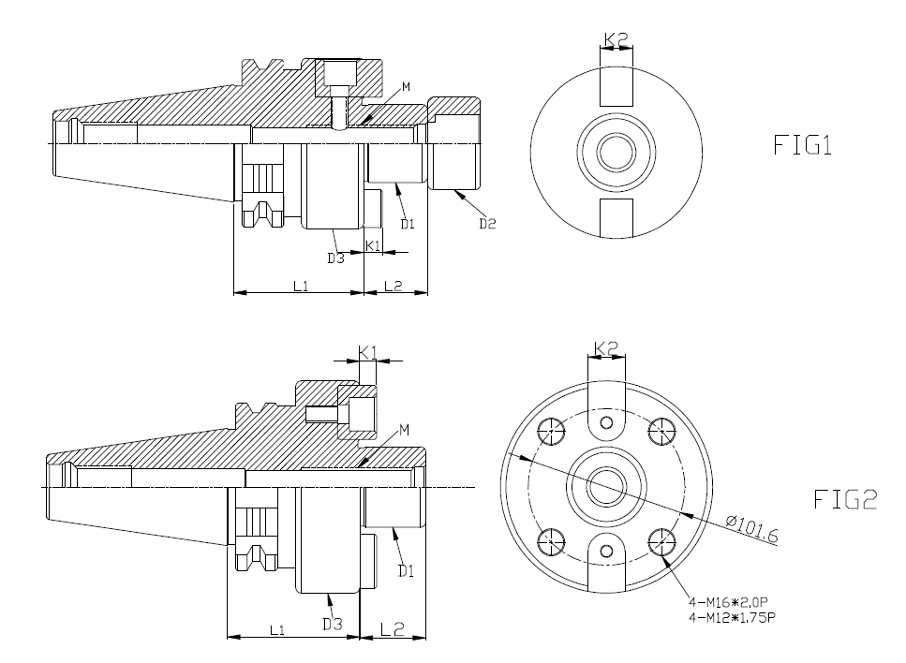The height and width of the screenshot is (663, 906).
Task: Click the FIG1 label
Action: coord(803,146)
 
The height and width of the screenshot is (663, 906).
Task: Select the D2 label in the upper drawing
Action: coord(487,224)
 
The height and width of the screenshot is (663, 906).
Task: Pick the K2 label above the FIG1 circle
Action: coord(616,40)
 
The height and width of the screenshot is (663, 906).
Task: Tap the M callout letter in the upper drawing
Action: coord(405,87)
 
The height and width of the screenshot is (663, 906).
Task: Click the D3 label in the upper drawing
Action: coord(335,258)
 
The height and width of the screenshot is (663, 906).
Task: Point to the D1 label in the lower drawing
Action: coord(405,568)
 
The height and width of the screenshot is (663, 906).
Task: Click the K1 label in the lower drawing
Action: coord(369,352)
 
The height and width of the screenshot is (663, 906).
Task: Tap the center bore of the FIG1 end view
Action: coord(616,151)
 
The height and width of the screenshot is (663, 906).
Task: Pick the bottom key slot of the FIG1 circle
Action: coord(616,216)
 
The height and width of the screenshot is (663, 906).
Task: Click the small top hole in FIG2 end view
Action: coord(607,423)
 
